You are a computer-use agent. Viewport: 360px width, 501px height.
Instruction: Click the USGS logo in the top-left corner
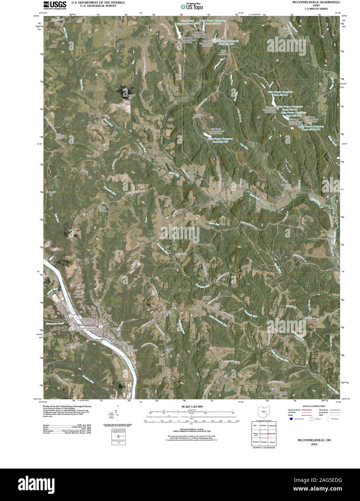pos(55,4)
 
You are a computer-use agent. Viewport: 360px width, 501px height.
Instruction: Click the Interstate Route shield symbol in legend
pos(290,419)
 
